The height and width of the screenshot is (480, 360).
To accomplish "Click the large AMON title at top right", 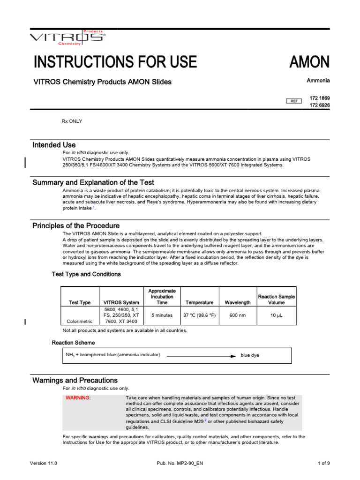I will coord(309,62).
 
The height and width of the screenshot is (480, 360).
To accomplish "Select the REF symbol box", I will coord(294,101).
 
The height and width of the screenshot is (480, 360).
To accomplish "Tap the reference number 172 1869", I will coord(320,97).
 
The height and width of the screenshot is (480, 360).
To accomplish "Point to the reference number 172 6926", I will coord(320,105).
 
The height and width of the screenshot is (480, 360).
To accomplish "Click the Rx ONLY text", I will coord(72,121).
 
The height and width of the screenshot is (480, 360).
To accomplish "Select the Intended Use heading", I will coord(54,145).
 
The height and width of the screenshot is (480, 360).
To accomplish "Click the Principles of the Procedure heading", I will coord(76,225).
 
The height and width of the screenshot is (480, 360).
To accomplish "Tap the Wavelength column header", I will coord(238,303).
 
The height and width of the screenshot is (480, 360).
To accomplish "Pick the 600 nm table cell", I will coord(238,315).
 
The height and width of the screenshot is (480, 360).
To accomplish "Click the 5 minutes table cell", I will coord(162,315).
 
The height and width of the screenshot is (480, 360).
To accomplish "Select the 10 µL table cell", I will coord(276,315).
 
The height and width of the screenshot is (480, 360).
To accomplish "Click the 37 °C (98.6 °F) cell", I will coord(199,315).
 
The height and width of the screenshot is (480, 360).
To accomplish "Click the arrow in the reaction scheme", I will coord(201,356).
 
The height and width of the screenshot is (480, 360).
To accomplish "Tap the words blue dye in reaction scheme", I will coord(250,355).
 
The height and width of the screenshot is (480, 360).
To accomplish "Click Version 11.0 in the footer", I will coord(43,463).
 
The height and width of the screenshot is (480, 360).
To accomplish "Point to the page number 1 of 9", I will coord(323,463).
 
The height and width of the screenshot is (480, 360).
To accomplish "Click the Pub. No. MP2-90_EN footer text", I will coord(180,463).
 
